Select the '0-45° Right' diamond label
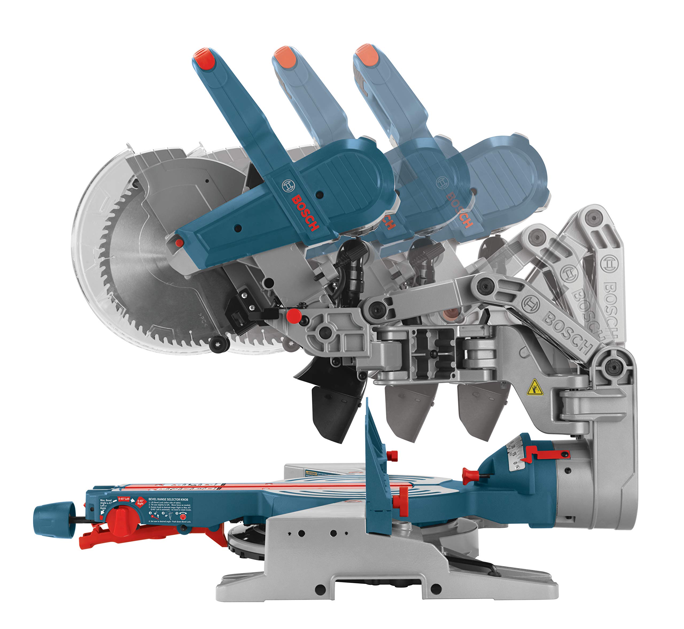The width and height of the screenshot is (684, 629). (140, 502)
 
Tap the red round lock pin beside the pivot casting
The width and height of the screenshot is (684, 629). (294, 316)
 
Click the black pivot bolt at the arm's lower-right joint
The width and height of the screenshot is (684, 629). (613, 367)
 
